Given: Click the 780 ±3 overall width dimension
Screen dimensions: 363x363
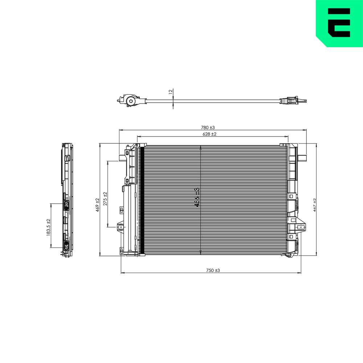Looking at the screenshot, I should pos(208,127).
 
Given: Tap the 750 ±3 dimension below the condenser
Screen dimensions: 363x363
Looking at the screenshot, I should pos(213,270).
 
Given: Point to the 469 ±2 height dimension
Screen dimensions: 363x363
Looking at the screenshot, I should pos(97,205).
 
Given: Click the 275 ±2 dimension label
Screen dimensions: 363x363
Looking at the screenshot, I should pos(105,199).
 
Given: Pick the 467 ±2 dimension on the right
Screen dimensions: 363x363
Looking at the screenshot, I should pos(315,205).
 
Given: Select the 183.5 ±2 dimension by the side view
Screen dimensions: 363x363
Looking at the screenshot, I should pos(48,228).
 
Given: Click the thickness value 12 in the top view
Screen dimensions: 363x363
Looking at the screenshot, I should pos(171,92).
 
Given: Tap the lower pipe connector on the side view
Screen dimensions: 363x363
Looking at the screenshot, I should pos(66,247).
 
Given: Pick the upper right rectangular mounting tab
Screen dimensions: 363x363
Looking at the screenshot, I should pos(302,158).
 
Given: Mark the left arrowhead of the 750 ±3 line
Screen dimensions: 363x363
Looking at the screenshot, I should pos(122,273).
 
